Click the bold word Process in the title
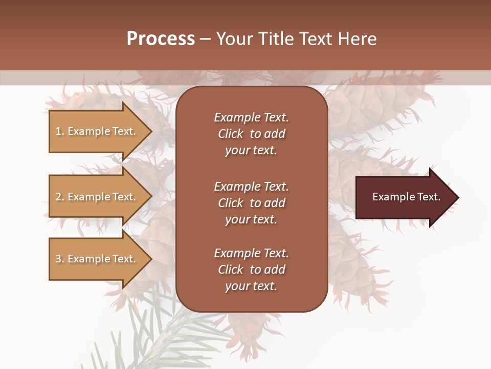click(161, 39)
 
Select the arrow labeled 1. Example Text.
click(97, 131)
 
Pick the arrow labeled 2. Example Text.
click(97, 197)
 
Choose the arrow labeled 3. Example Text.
click(97, 259)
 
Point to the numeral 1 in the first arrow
click(58, 131)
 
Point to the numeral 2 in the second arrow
click(58, 197)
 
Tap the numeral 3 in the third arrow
click(58, 259)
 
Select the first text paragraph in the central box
click(251, 134)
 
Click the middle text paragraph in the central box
click(251, 203)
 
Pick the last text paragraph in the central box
click(251, 270)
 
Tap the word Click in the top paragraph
click(230, 134)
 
